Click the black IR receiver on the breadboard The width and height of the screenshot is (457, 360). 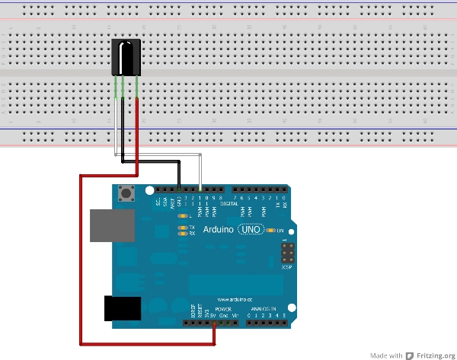pos(125,58)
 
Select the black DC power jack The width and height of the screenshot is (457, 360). pos(121,309)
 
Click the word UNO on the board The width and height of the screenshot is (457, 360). pos(252,229)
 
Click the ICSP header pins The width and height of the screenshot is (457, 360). pos(287,251)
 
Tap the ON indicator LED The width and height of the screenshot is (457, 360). pos(271,231)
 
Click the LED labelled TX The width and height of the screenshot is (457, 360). pos(181,228)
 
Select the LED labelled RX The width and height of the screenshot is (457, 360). pos(181,234)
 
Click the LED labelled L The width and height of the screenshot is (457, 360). pos(181,217)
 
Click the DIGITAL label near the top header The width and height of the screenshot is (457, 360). pos(228,204)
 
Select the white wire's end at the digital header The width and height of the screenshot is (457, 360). pos(200,188)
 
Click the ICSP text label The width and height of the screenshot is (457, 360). pos(286,268)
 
